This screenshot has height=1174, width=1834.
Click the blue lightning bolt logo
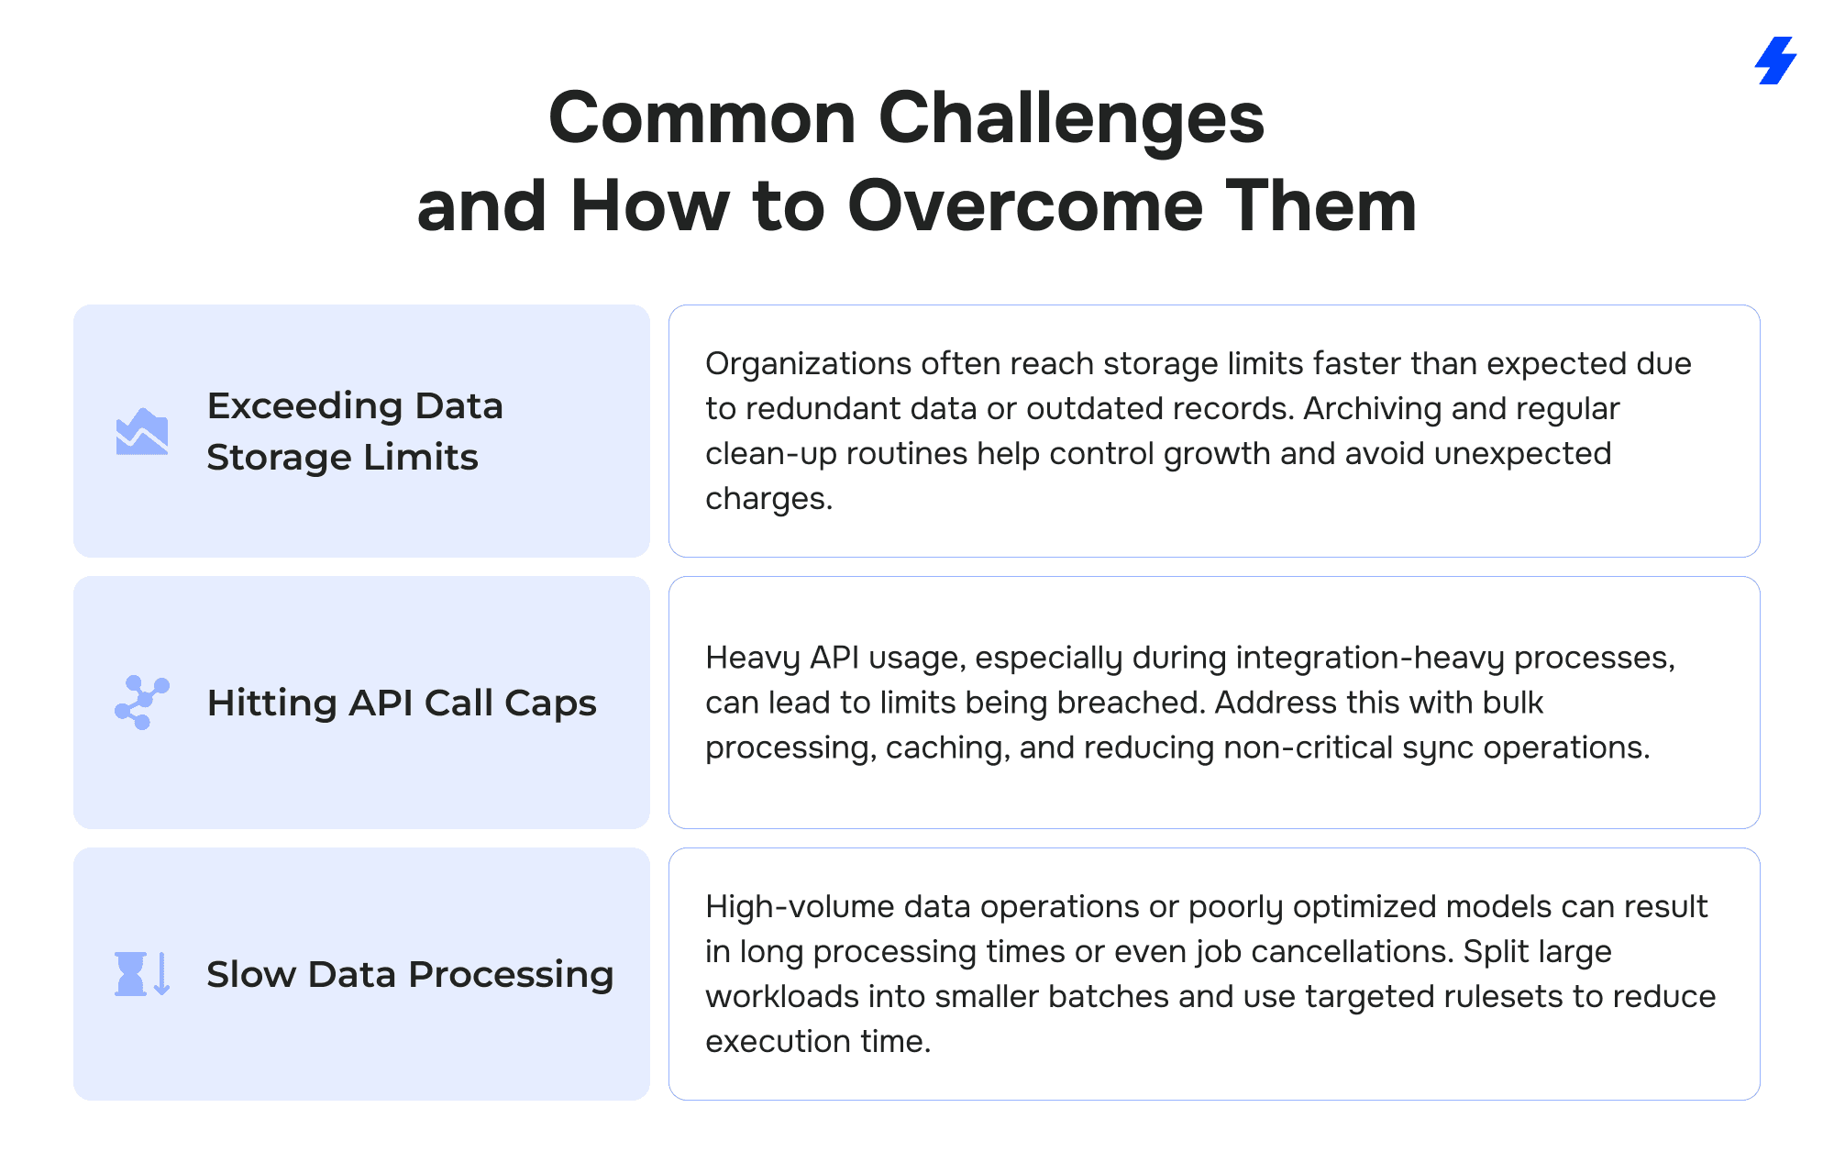1775,61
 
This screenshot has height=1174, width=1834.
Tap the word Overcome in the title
1025,205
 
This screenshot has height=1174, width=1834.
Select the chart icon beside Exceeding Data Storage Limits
142,431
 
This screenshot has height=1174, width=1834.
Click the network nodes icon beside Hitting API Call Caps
142,703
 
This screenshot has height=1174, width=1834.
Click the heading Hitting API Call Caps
402,703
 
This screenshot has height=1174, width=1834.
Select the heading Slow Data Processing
410,974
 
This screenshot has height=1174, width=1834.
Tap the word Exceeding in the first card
304,405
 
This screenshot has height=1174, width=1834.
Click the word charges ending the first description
768,499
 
